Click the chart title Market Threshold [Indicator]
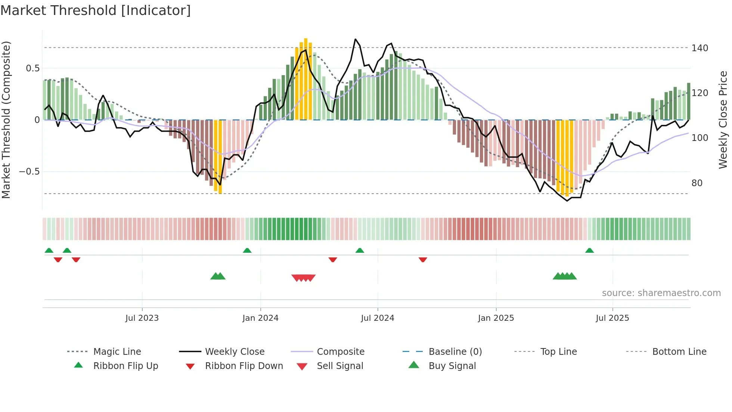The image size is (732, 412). (96, 10)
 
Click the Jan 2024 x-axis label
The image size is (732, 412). (260, 318)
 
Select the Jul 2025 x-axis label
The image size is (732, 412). (612, 318)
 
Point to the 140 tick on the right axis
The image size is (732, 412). (700, 48)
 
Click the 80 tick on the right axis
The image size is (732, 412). (697, 183)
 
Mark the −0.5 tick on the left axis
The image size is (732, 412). (30, 172)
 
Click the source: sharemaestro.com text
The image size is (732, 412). (661, 293)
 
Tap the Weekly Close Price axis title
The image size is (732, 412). (723, 120)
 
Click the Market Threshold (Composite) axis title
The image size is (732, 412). (6, 120)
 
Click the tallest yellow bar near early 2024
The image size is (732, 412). (306, 79)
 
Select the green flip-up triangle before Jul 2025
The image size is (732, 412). (589, 250)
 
